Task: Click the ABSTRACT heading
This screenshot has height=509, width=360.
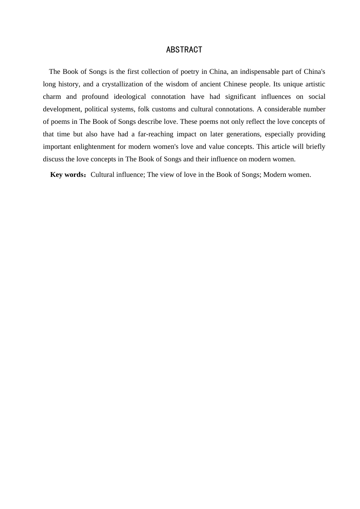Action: [184, 50]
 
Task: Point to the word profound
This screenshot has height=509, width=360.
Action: [95, 97]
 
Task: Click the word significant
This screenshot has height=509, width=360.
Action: [241, 97]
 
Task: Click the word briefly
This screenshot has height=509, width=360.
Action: [315, 147]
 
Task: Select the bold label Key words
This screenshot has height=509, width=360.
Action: [67, 175]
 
